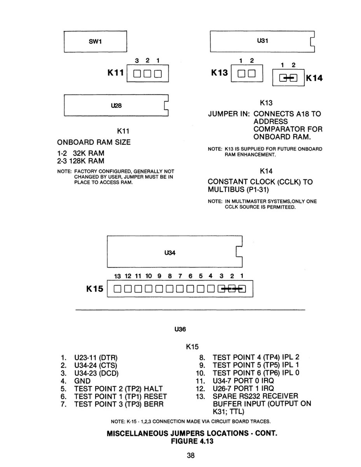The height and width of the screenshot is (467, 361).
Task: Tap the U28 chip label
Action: (116, 105)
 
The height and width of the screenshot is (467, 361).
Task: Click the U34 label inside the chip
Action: (170, 253)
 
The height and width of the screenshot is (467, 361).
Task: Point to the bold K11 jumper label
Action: (116, 73)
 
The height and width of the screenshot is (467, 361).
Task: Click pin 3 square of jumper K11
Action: (137, 74)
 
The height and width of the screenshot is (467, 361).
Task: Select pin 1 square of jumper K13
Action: (241, 74)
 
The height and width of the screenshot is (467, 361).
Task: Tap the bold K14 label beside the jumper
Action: (314, 78)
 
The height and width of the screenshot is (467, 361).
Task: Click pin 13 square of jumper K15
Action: (117, 289)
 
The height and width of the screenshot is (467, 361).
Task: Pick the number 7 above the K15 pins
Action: (180, 276)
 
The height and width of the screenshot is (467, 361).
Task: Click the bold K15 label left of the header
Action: (94, 289)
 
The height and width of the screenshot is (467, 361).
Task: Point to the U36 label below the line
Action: (180, 329)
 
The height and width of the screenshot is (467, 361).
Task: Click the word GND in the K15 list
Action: (82, 381)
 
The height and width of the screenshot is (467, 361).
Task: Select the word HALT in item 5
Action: (153, 389)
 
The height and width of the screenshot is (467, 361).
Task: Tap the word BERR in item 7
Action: (153, 404)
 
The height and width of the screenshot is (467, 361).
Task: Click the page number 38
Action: (191, 455)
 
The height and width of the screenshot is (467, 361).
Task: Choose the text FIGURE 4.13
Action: (192, 441)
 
